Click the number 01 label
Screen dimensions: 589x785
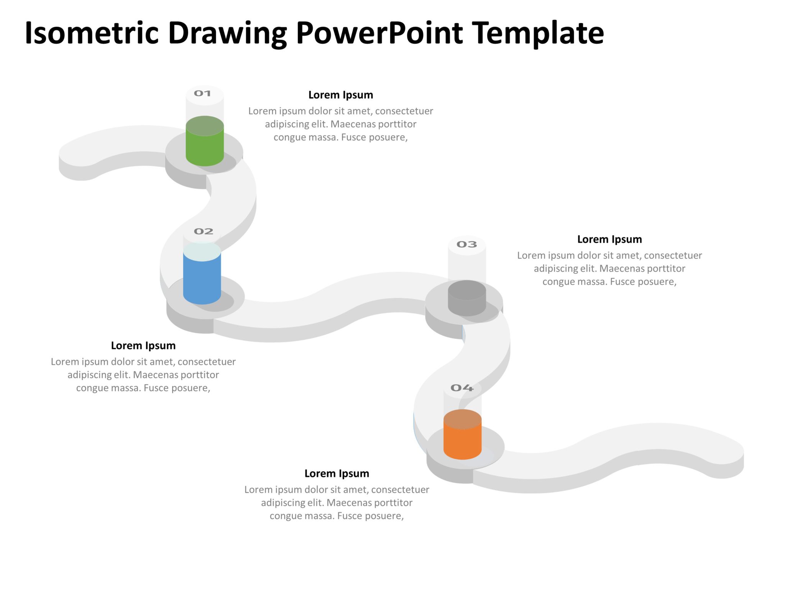tap(202, 94)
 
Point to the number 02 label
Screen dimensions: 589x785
tap(203, 232)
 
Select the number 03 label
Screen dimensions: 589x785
tap(466, 245)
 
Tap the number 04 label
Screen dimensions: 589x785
tap(462, 388)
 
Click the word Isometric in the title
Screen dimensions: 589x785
tap(92, 33)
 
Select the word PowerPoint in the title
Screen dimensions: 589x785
tap(379, 33)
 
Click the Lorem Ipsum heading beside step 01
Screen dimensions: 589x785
tap(340, 95)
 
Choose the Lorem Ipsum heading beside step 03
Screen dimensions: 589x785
tap(609, 239)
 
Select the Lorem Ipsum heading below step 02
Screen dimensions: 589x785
tap(143, 346)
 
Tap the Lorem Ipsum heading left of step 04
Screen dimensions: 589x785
tap(337, 474)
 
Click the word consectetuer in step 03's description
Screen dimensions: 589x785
tap(673, 255)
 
